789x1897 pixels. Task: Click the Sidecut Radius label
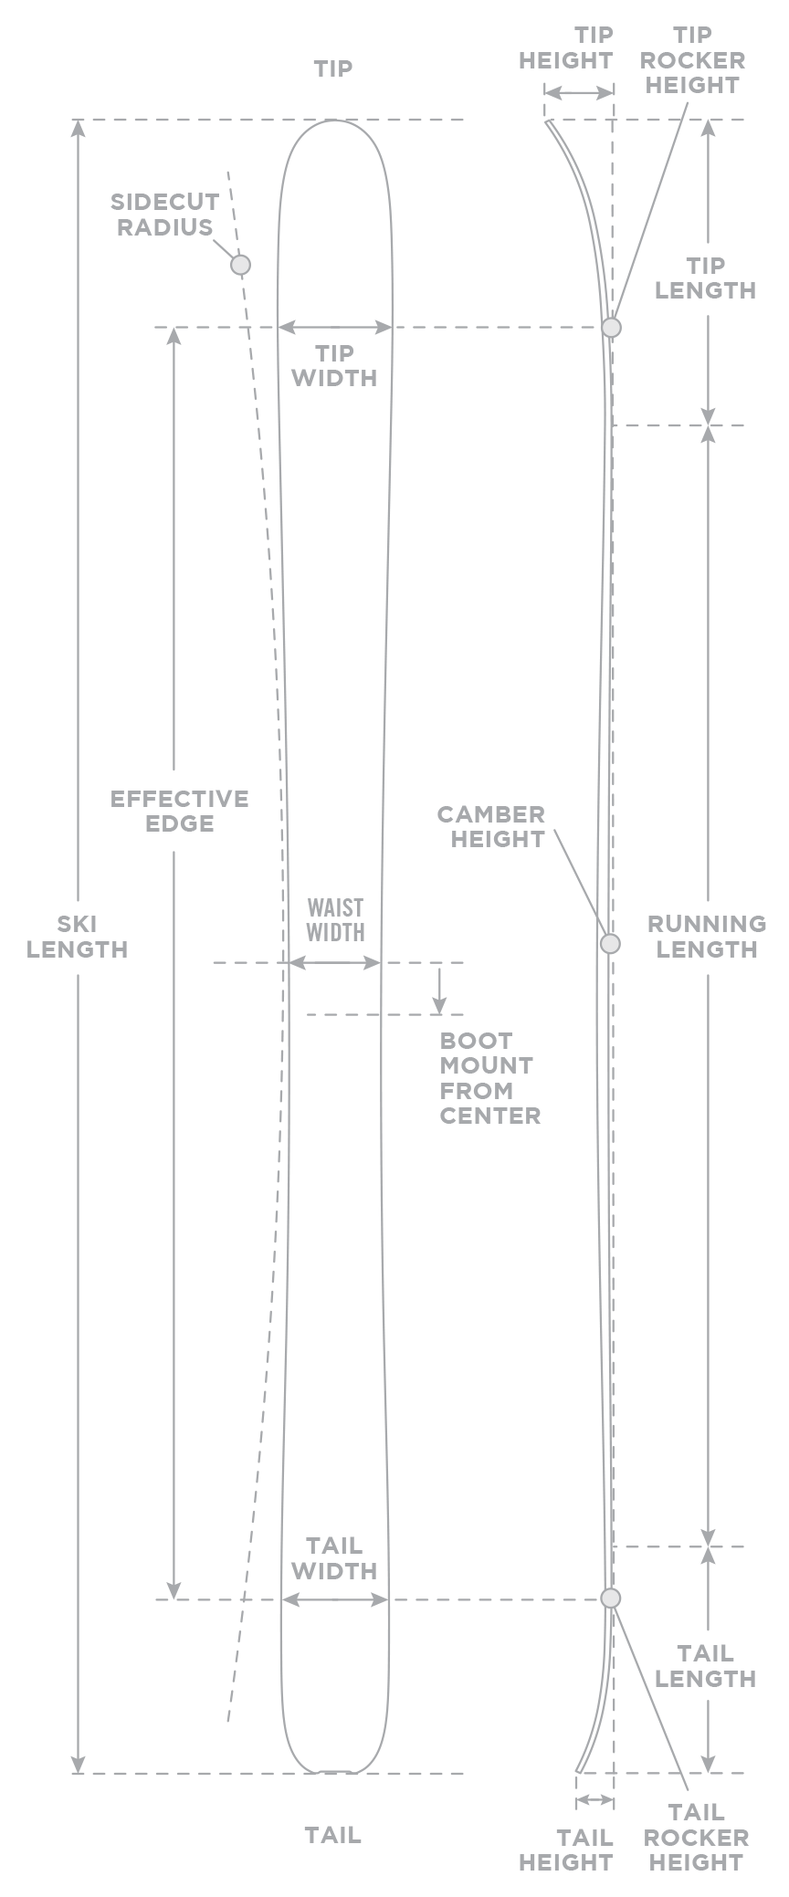pyautogui.click(x=164, y=215)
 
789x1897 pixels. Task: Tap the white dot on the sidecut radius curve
pyautogui.click(x=240, y=265)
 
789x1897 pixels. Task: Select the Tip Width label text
pyautogui.click(x=334, y=365)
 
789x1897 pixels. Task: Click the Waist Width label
pyautogui.click(x=335, y=919)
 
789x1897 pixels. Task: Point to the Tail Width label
pyautogui.click(x=334, y=1557)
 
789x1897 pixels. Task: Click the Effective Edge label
pyautogui.click(x=180, y=811)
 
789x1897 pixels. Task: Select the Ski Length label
pyautogui.click(x=79, y=937)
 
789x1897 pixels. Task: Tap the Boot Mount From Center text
pyautogui.click(x=489, y=1077)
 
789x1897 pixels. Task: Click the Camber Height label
pyautogui.click(x=491, y=826)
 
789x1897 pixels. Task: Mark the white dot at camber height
pyautogui.click(x=610, y=944)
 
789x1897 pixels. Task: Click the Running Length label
pyautogui.click(x=706, y=937)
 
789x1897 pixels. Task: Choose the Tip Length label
pyautogui.click(x=706, y=278)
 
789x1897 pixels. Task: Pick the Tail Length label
pyautogui.click(x=706, y=1665)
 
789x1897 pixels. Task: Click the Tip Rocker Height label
pyautogui.click(x=692, y=60)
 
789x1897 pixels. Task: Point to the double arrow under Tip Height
pyautogui.click(x=578, y=93)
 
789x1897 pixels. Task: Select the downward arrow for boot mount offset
pyautogui.click(x=440, y=990)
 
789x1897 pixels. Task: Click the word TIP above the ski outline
pyautogui.click(x=333, y=68)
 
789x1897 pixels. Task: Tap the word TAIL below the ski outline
pyautogui.click(x=333, y=1834)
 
